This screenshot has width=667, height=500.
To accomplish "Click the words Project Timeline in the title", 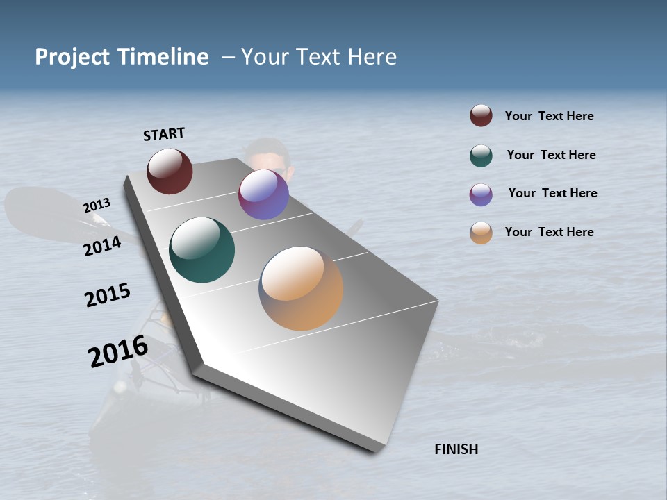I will (122, 57).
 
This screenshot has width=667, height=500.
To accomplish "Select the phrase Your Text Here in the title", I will (319, 57).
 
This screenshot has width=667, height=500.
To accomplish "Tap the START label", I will (164, 134).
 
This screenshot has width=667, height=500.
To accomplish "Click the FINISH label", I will (456, 449).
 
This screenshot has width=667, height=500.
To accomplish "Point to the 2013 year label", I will (97, 206).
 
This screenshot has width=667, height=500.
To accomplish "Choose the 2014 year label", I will (102, 246).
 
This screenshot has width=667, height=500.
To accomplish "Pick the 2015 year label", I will (108, 295).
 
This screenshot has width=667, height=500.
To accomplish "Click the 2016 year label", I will (117, 351).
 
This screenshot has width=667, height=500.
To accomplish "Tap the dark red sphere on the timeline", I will (170, 171).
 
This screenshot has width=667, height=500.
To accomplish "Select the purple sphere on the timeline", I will (263, 194).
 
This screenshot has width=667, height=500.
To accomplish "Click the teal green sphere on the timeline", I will (201, 250).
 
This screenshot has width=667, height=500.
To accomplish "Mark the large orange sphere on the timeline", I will (301, 288).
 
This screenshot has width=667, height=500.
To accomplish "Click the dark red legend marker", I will (481, 116).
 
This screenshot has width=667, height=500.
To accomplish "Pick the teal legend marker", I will (481, 156).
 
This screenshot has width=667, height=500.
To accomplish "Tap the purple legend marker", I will (481, 194).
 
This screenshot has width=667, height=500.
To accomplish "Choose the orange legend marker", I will (481, 233).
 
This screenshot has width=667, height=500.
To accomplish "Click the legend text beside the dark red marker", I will (549, 117).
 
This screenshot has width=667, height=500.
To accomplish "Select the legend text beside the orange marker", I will (549, 232).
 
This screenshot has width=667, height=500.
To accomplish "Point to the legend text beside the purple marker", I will (552, 193).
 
